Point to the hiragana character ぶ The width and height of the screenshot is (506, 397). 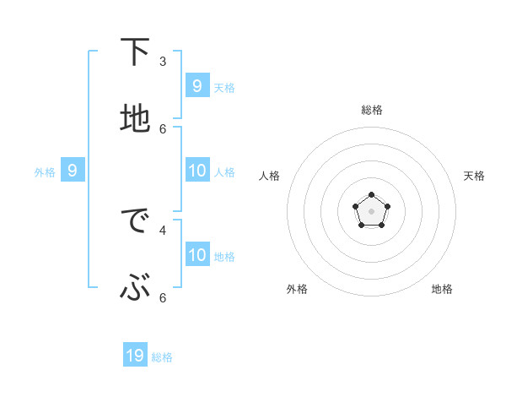coord(135,289)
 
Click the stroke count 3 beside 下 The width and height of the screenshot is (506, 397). coord(163,62)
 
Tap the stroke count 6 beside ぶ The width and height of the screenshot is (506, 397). coord(163,297)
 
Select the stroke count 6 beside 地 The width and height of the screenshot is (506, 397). coord(163,128)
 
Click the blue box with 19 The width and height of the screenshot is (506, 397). coord(135,356)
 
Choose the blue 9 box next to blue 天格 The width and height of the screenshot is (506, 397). coord(196,85)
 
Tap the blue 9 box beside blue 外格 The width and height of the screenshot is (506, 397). coord(73,171)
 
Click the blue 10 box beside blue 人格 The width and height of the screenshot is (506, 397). coord(197,171)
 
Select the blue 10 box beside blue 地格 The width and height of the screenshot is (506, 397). coord(197,255)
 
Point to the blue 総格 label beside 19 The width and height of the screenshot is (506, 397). coord(162,357)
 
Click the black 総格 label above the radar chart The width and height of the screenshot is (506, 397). coord(372,110)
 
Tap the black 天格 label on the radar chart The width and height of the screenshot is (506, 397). coord(474,176)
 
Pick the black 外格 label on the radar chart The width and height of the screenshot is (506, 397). coord(297,289)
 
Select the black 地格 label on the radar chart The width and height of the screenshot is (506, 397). coord(442,289)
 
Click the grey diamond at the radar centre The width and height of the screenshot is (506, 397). coord(371,211)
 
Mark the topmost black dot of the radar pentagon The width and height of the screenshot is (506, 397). coord(371,195)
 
